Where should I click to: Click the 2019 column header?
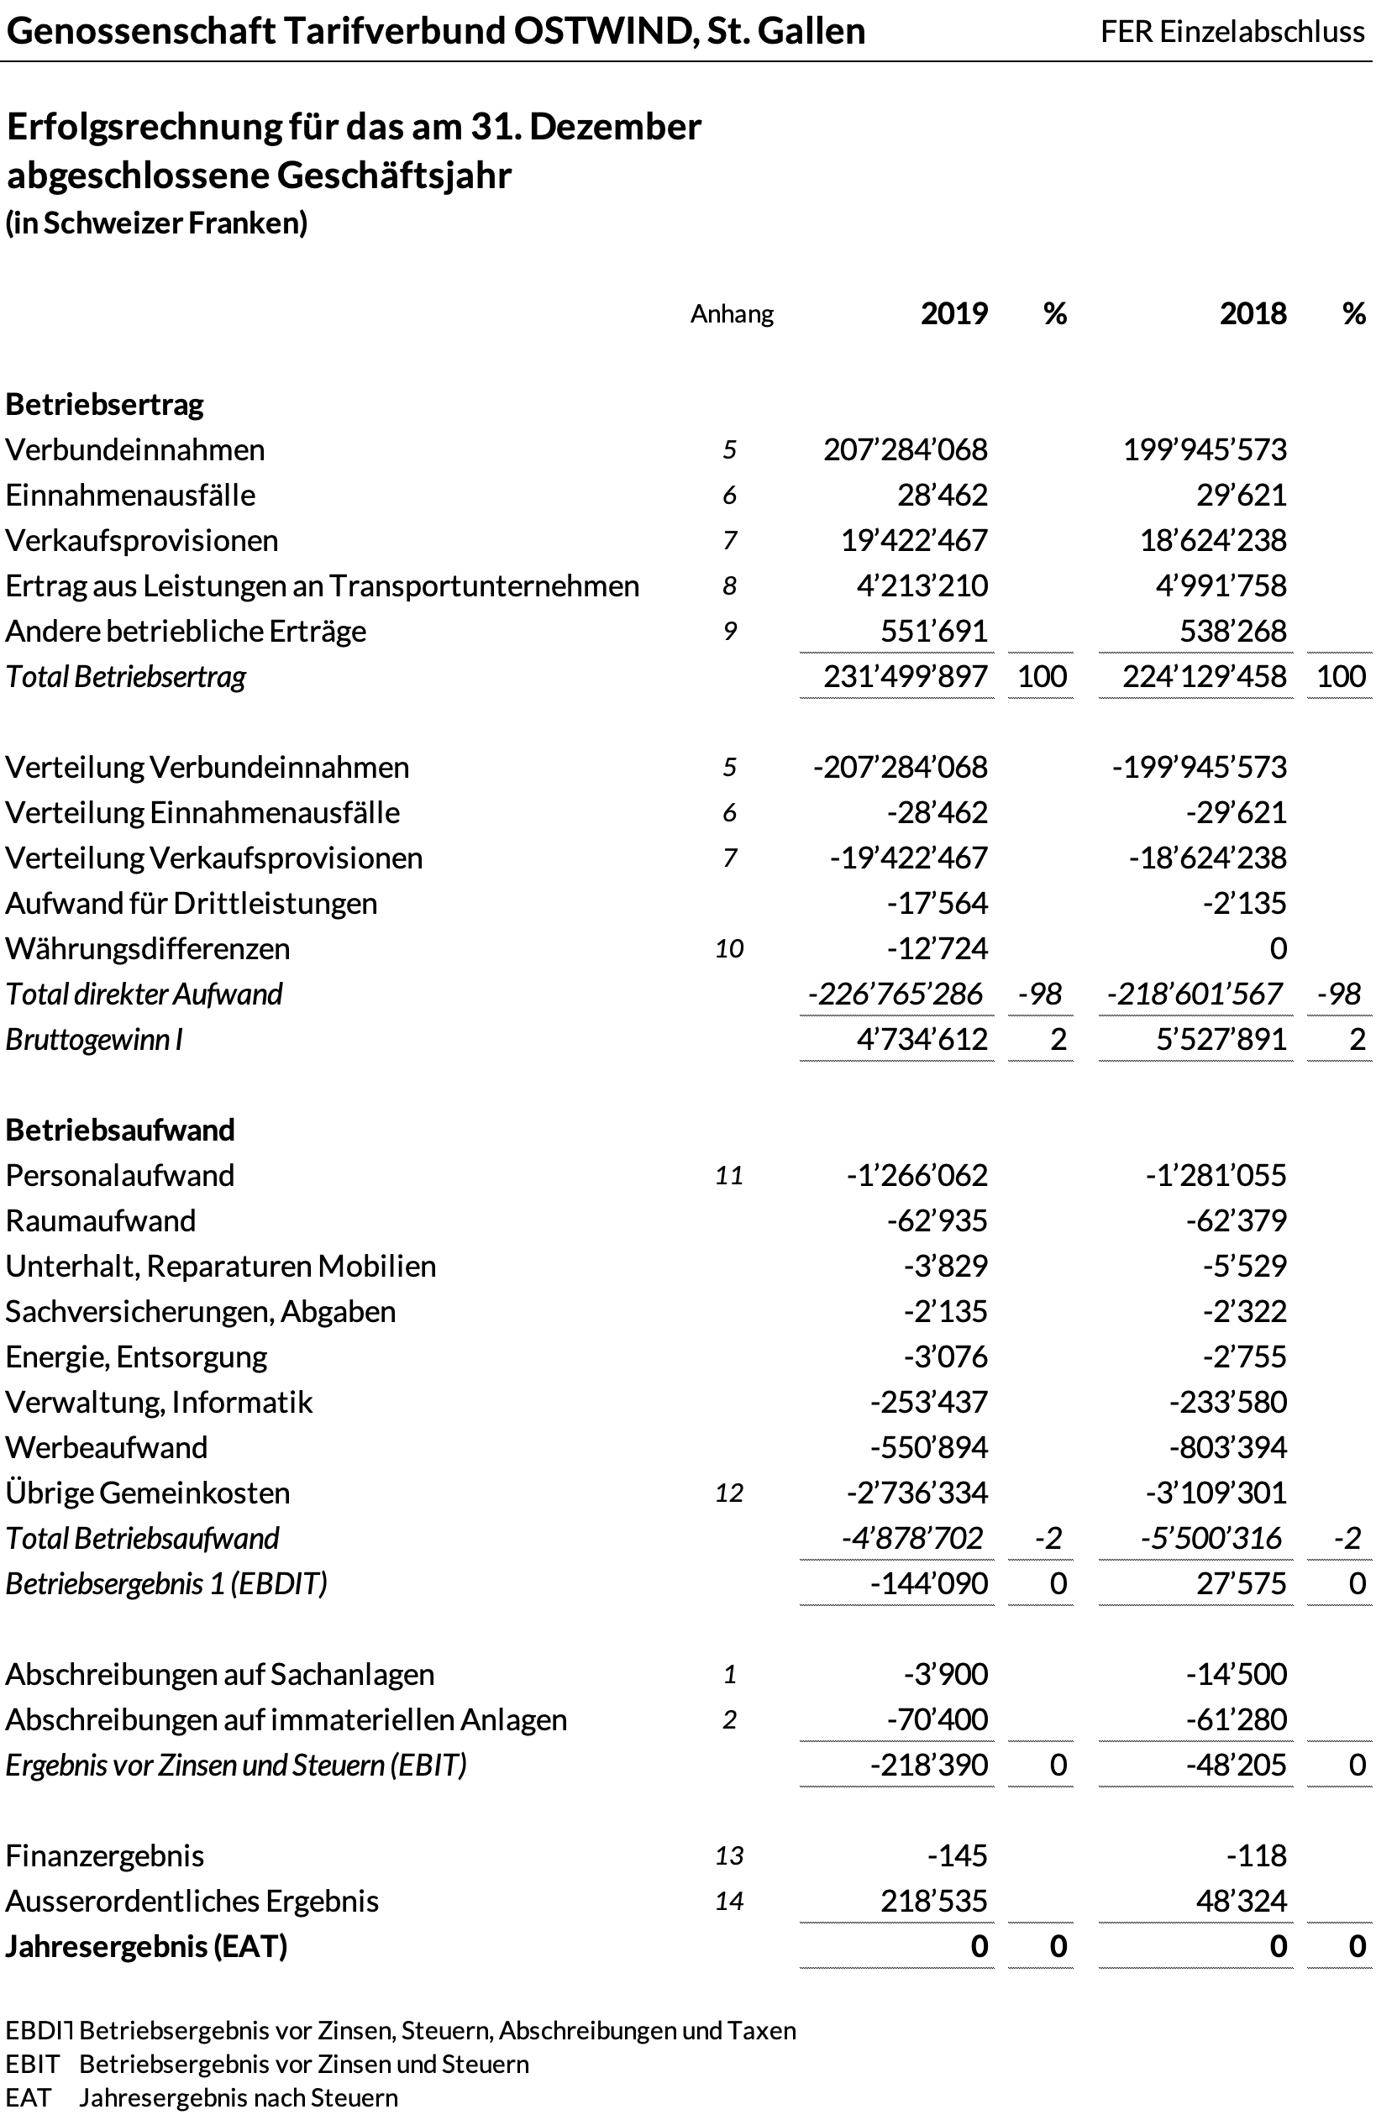point(953,313)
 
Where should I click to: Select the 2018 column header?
point(1253,313)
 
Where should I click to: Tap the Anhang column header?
point(731,314)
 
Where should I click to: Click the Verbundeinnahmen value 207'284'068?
point(905,450)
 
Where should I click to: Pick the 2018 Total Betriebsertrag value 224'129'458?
point(1204,677)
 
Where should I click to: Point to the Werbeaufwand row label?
point(106,1447)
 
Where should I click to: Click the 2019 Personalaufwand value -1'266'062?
point(916,1176)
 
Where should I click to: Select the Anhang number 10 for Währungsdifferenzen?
point(728,948)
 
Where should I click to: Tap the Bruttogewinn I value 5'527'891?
point(1221,1040)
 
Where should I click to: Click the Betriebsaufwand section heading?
point(120,1131)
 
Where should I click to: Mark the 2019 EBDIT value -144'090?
point(928,1584)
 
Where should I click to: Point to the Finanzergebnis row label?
point(104,1856)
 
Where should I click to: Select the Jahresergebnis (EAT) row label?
point(146,1947)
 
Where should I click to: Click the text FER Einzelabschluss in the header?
point(1232,32)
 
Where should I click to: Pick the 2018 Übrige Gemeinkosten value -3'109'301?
point(1216,1493)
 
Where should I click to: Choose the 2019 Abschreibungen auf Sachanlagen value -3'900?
point(945,1675)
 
